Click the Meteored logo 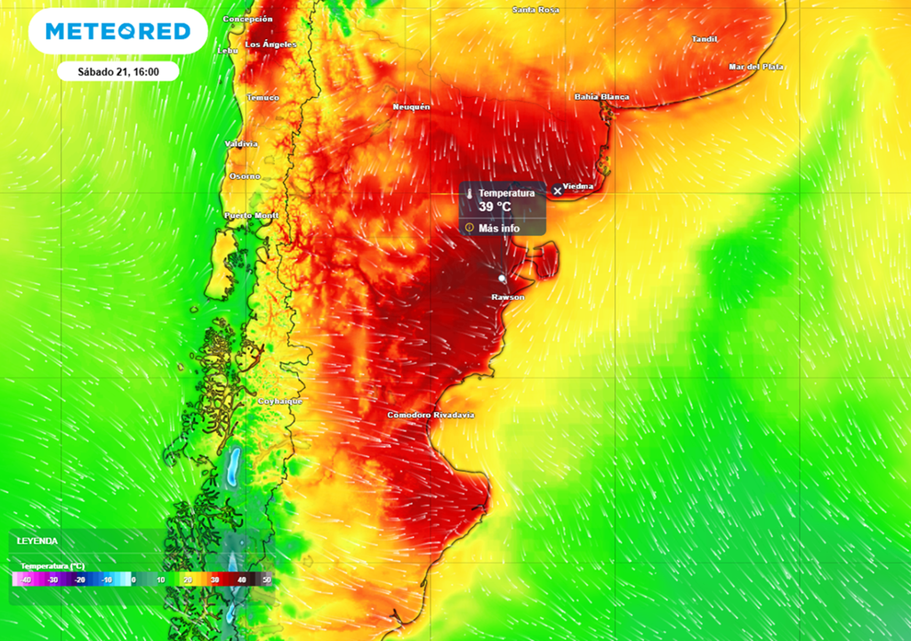[x=117, y=32]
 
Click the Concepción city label [x=248, y=19]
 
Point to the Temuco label [x=262, y=97]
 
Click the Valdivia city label [x=241, y=143]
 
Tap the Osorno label [x=246, y=176]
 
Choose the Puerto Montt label [x=252, y=215]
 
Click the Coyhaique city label [x=280, y=402]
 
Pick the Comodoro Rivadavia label [x=431, y=416]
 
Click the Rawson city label [x=508, y=296]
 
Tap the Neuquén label [x=412, y=107]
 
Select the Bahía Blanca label [x=601, y=97]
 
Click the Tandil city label [x=705, y=38]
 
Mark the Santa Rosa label [x=536, y=10]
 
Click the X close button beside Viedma [x=558, y=191]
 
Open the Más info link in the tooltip [x=498, y=229]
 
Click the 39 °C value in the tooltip [x=496, y=207]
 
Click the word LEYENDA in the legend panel [x=37, y=540]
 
